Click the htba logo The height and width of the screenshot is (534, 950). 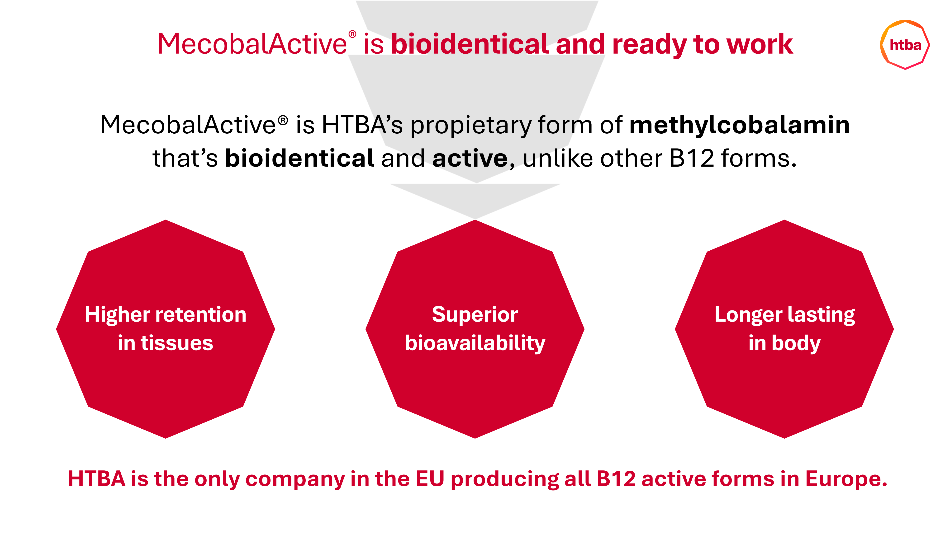(x=905, y=45)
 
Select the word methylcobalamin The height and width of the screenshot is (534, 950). (x=739, y=125)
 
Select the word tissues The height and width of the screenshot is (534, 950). (x=177, y=343)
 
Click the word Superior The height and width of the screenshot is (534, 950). (x=475, y=315)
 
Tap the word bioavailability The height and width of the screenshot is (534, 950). (x=475, y=343)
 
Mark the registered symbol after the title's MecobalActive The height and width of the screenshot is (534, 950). (x=352, y=34)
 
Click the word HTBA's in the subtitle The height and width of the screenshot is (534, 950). (x=362, y=125)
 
